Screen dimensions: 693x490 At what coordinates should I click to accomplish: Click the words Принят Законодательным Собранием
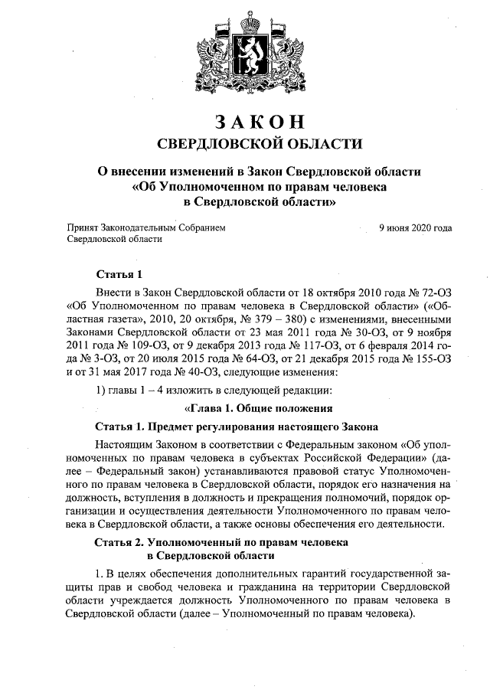[147, 227]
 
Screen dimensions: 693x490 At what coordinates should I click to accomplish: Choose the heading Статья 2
[120, 541]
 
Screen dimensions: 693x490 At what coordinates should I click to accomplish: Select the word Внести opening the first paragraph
[113, 293]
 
